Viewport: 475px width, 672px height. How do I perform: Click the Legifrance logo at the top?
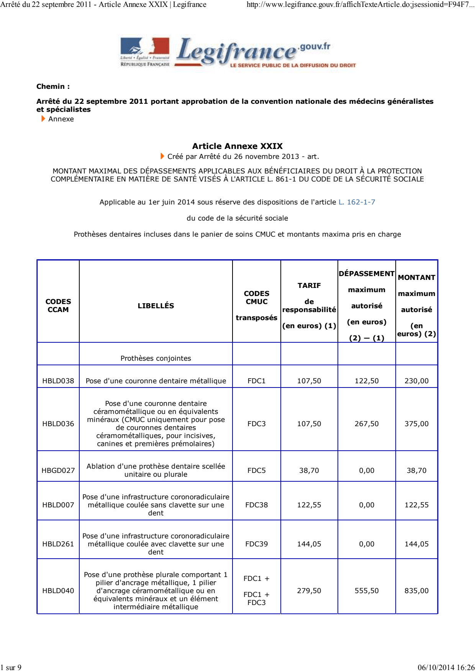pos(237,52)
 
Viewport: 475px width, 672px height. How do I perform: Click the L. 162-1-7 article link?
pos(357,202)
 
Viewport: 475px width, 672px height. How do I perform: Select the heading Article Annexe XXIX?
pos(237,146)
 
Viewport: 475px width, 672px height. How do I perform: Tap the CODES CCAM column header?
pos(58,306)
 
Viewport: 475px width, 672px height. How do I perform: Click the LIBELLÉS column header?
pos(156,306)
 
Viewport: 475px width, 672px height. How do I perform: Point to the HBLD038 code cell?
pos(58,381)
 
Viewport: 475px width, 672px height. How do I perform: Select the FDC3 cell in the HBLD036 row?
pos(256,424)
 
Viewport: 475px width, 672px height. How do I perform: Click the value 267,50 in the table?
pos(367,424)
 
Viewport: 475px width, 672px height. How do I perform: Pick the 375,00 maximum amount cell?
pos(416,424)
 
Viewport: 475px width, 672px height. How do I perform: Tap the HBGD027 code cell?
pos(58,471)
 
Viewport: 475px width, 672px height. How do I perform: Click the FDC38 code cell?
pos(256,505)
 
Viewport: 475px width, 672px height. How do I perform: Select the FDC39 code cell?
pos(256,544)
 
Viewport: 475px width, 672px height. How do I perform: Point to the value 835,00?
pos(416,591)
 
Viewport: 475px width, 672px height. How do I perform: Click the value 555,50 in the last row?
pos(367,591)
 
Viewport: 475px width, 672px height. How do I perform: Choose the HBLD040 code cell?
pos(58,591)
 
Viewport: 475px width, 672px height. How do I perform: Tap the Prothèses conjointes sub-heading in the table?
pos(156,358)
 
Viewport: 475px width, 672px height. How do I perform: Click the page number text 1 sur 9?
pos(11,667)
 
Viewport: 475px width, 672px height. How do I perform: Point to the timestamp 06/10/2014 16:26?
pos(446,667)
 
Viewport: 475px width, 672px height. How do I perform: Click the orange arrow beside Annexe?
pos(43,119)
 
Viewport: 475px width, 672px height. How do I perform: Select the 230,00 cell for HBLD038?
pos(416,381)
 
